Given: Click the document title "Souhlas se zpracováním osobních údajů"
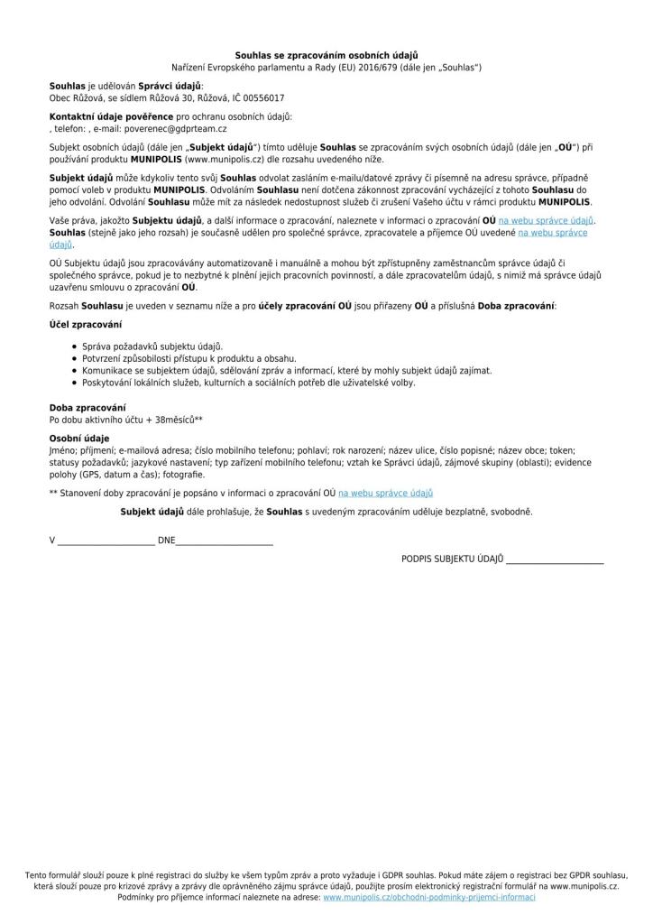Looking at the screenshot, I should coord(326,56).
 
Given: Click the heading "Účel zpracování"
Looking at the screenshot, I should coord(86,323).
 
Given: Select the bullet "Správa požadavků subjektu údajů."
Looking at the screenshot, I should coord(152,346).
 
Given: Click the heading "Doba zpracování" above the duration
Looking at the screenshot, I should coord(87,408).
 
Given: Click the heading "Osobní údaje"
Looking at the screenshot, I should coord(78,438).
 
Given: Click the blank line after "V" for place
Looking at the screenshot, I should coord(106,542).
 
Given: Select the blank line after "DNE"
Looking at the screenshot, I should coord(224,542).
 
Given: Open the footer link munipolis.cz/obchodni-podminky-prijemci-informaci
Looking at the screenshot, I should coord(428,898).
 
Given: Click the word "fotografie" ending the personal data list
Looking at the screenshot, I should coord(184,474).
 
